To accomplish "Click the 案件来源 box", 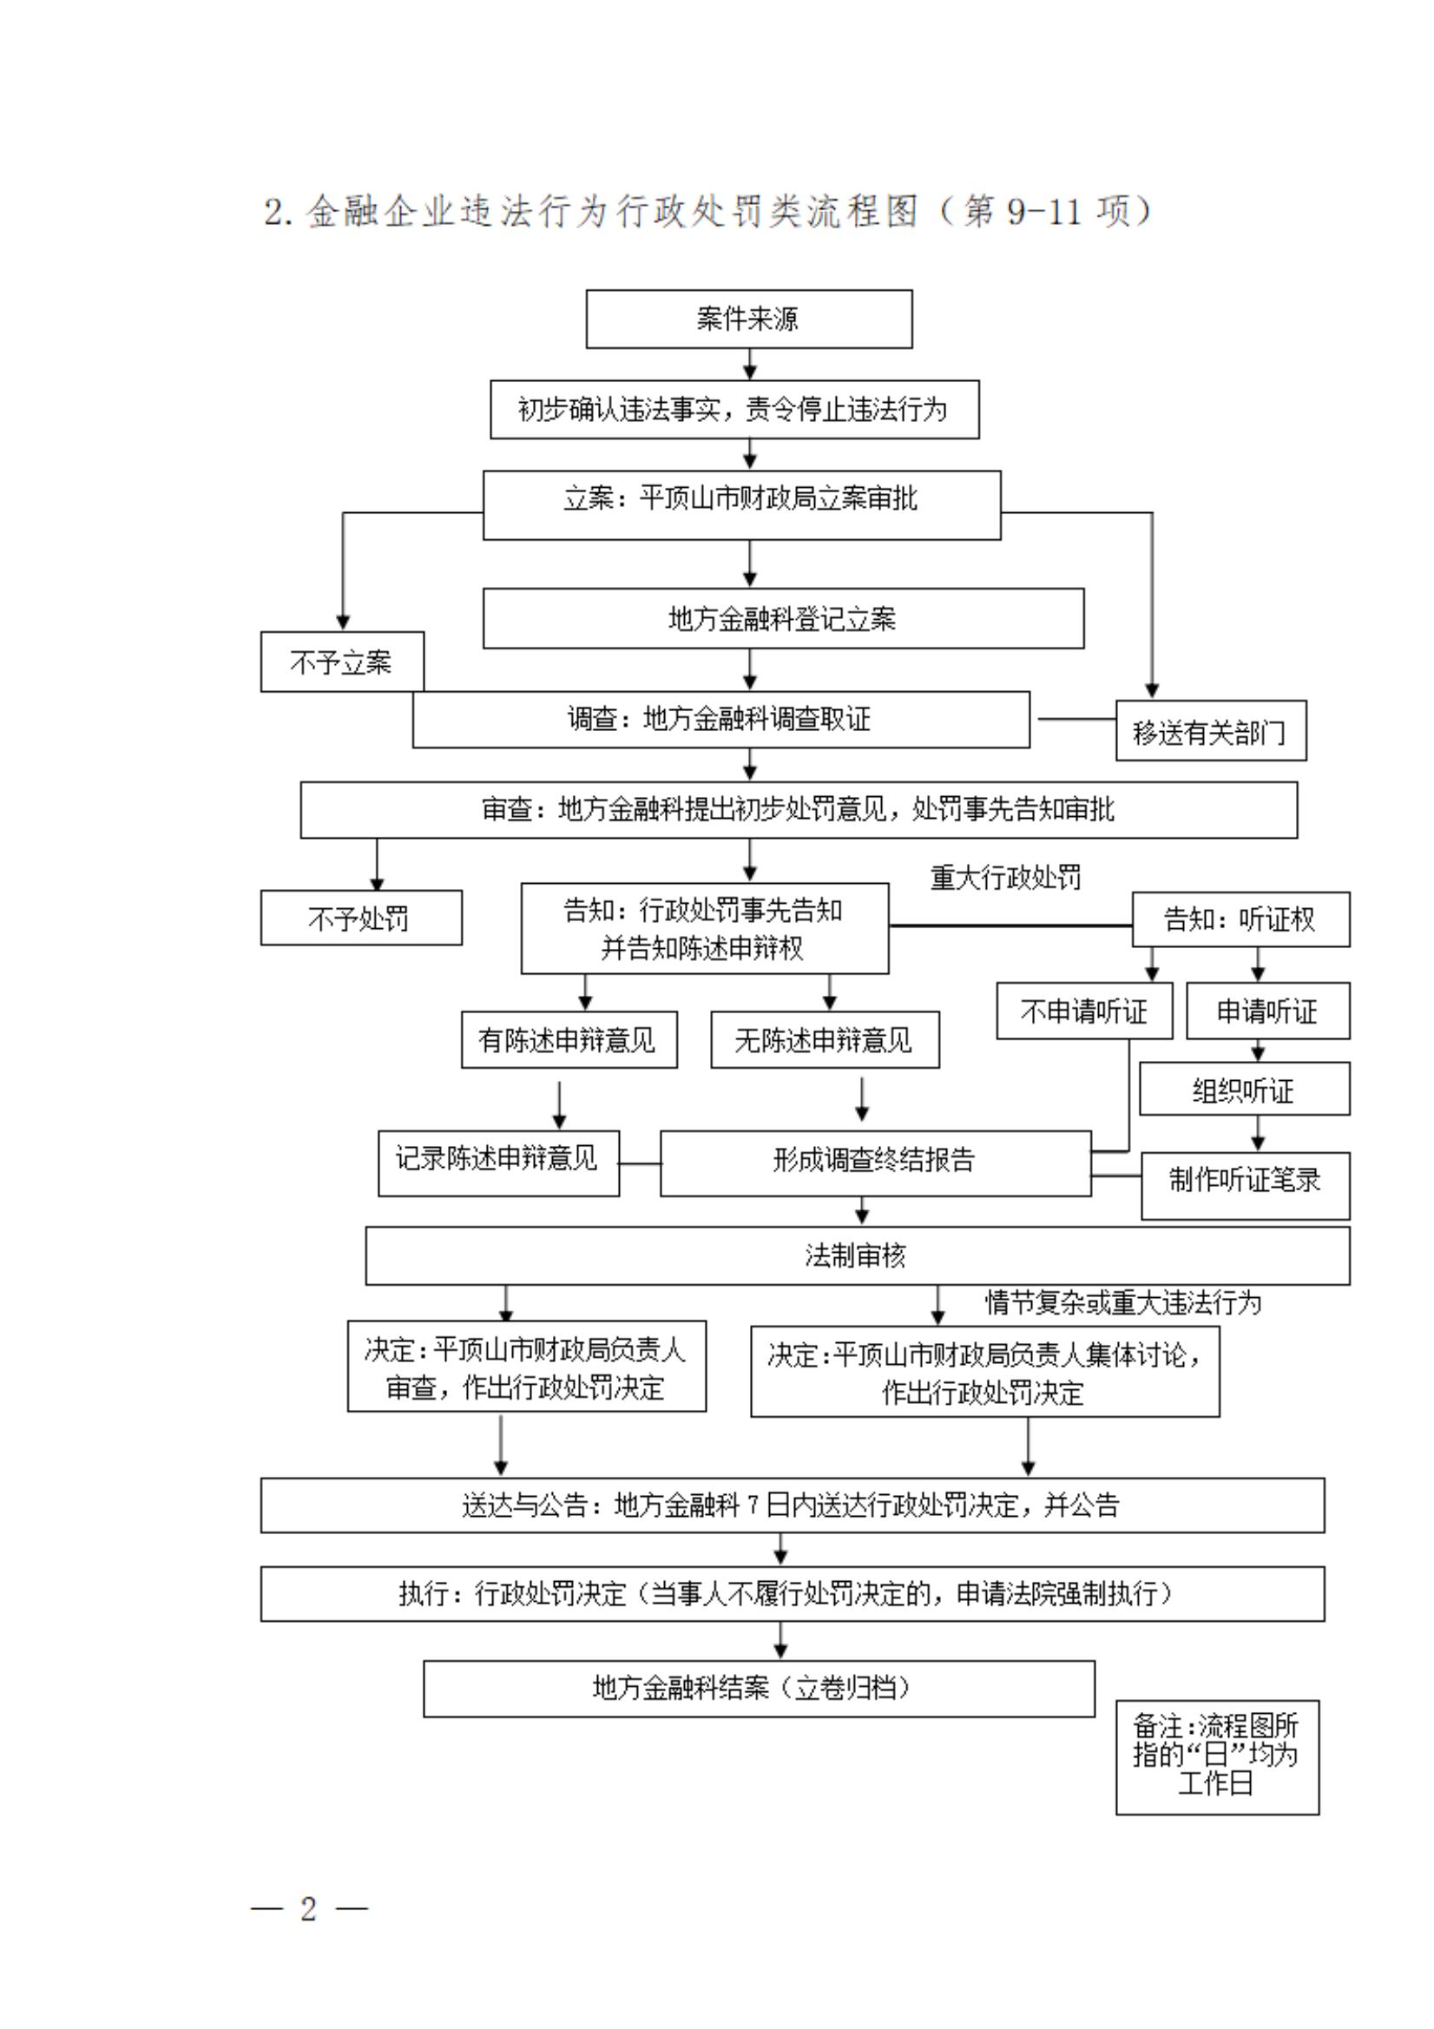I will pos(748,318).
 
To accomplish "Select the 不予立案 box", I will pos(341,661).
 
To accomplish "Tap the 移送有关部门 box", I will pos(1210,731).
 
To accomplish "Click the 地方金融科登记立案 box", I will pos(783,618).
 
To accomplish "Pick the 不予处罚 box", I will pos(360,918).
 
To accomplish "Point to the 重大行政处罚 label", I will pos(1005,878).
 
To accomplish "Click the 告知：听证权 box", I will pos(1240,919).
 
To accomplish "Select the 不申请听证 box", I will pos(1084,1010).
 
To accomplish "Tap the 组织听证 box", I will pos(1243,1090).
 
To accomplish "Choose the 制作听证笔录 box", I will pos(1245,1179).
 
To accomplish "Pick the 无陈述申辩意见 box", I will pos(825,1039).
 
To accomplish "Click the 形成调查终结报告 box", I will pos(875,1161).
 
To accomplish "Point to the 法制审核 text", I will pos(855,1254).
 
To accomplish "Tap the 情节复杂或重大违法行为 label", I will pos(1123,1301).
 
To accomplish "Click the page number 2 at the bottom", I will pos(308,1908).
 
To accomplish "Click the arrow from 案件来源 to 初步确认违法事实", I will pos(749,364).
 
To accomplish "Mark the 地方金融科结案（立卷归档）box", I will pos(758,1688).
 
